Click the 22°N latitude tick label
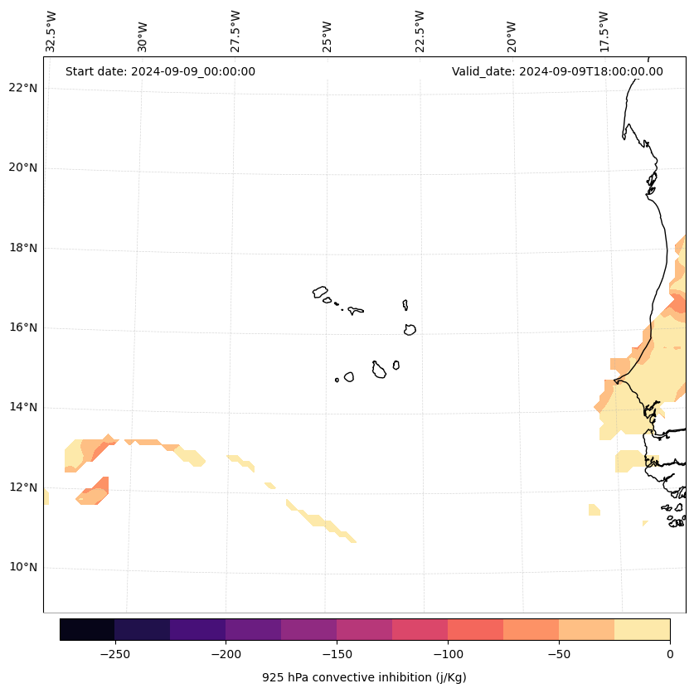pyautogui.click(x=23, y=88)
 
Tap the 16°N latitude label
pyautogui.click(x=23, y=327)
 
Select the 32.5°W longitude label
pyautogui.click(x=51, y=31)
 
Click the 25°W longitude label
pyautogui.click(x=328, y=36)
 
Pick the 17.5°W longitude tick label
pyautogui.click(x=604, y=31)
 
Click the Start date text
pyautogui.click(x=160, y=71)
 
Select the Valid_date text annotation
pyautogui.click(x=557, y=71)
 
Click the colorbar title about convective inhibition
pyautogui.click(x=364, y=677)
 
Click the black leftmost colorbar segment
pyautogui.click(x=87, y=629)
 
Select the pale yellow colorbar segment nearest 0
pyautogui.click(x=642, y=629)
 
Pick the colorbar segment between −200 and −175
pyautogui.click(x=253, y=629)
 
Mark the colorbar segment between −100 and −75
pyautogui.click(x=475, y=629)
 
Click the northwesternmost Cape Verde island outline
pyautogui.click(x=320, y=292)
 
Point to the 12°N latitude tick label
pyautogui.click(x=23, y=487)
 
